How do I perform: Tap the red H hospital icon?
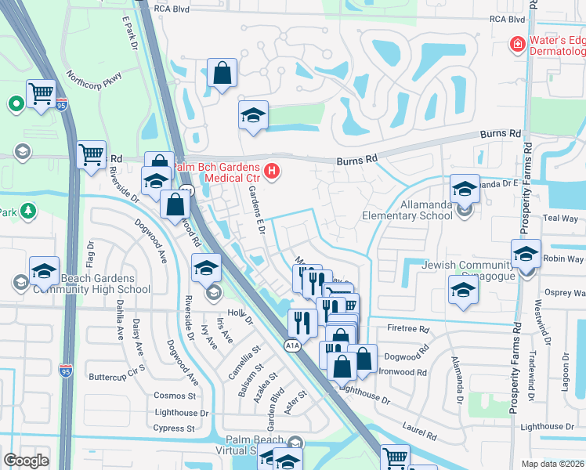(x=272, y=170)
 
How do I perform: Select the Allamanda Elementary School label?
(x=406, y=215)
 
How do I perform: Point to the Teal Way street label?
(x=559, y=219)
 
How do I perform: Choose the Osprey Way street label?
(x=564, y=292)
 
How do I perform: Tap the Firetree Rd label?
(x=408, y=329)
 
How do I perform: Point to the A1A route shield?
(x=291, y=345)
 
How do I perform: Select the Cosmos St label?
(x=174, y=396)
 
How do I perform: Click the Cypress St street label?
(x=174, y=428)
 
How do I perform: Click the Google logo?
(x=26, y=461)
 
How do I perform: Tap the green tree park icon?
(x=29, y=211)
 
